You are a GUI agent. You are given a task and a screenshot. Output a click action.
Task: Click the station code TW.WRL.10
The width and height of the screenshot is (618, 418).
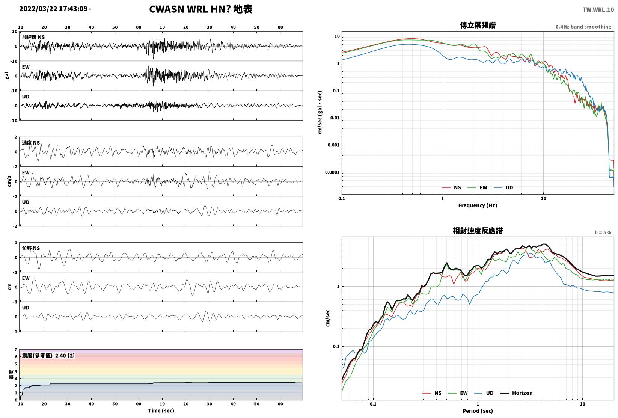coord(598,10)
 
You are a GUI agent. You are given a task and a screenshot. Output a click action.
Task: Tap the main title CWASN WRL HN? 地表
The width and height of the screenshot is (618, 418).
coord(200,9)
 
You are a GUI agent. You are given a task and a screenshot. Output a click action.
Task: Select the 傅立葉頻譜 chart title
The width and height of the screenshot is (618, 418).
coord(478,25)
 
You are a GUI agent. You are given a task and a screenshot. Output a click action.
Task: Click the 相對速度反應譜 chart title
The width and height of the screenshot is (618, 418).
coord(478,231)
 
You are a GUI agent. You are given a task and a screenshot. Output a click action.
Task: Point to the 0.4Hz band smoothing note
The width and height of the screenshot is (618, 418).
coord(583,27)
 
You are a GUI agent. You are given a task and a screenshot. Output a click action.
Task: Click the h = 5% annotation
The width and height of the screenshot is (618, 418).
coord(603,232)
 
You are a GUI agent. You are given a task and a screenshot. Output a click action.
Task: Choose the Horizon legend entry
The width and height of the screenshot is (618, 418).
coord(517,393)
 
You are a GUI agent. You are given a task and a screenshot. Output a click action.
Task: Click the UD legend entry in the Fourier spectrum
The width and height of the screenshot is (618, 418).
coord(503,187)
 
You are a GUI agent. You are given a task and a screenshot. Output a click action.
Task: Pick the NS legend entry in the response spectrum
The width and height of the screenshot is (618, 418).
coord(432,393)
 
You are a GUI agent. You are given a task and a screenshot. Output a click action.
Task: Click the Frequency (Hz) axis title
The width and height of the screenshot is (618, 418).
coord(478,205)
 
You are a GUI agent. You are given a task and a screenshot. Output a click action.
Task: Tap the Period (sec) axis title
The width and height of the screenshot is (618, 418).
coord(478,411)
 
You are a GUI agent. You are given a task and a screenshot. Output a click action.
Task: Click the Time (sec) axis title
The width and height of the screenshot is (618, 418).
coord(161,410)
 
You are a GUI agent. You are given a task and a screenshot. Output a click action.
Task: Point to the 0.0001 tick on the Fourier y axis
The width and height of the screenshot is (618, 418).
coord(332,172)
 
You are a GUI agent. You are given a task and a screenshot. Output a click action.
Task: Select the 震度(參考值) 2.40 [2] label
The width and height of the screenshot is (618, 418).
coord(48,355)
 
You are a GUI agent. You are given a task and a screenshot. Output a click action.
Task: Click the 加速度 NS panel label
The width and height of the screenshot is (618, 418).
coord(33,37)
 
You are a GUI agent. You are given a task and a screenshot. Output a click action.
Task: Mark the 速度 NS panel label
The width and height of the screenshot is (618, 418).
coord(31,143)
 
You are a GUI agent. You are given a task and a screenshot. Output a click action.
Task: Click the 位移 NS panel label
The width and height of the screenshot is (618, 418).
coord(31,248)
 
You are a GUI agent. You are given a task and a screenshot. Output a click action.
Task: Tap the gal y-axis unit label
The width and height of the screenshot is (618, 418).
coord(7,75)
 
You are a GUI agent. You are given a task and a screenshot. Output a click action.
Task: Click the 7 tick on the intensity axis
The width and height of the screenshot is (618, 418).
coord(16,350)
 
